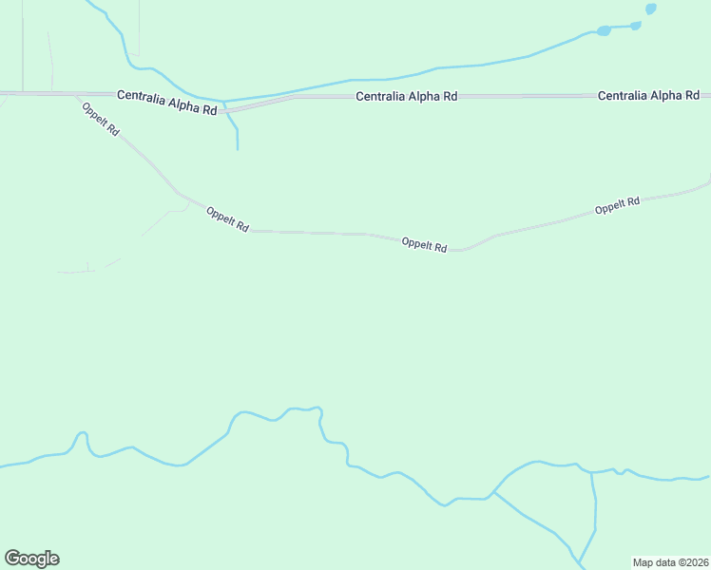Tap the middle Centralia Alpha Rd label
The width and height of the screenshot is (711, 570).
(407, 97)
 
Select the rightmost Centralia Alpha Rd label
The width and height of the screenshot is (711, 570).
(648, 96)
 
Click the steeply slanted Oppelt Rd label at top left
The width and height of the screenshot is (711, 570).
(100, 119)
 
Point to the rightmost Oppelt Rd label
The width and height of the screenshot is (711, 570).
(617, 204)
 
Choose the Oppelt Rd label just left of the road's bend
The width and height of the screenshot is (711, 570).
(424, 244)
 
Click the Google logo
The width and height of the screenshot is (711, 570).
(31, 558)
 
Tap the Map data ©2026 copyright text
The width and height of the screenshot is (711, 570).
(670, 562)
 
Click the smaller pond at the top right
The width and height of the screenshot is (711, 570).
(650, 9)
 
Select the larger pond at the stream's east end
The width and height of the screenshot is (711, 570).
(604, 31)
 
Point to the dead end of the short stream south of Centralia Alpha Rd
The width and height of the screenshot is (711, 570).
(237, 149)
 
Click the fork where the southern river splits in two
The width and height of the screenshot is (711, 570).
(491, 495)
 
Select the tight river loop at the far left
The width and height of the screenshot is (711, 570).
(82, 438)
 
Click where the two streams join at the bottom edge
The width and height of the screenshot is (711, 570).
(579, 560)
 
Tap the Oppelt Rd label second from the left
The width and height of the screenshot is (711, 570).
(227, 220)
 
